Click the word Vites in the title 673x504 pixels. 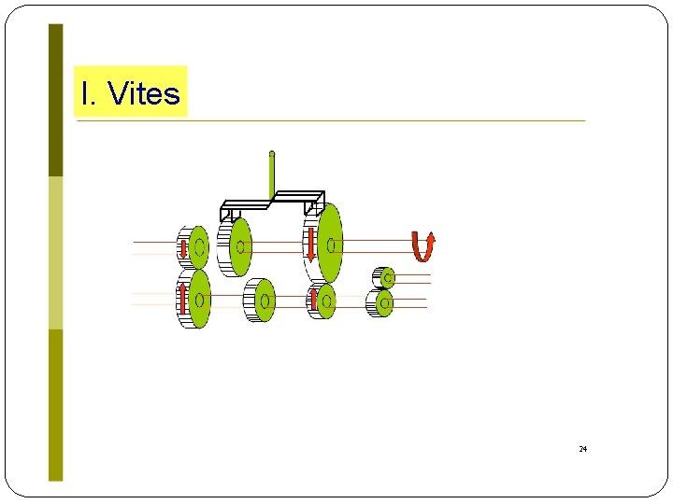click(x=145, y=93)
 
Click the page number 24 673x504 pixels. click(x=582, y=449)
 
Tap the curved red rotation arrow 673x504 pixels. click(x=423, y=246)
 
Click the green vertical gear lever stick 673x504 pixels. click(x=272, y=177)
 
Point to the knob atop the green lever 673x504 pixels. click(x=272, y=153)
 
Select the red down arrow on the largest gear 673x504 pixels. click(x=310, y=245)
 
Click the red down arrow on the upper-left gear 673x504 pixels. click(x=184, y=247)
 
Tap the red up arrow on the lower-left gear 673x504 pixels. click(x=182, y=297)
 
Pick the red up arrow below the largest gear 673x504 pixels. click(x=314, y=300)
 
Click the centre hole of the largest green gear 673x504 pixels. click(x=332, y=245)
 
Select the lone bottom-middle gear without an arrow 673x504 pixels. click(x=264, y=301)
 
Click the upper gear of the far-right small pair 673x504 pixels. click(x=385, y=277)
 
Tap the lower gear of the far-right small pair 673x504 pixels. click(x=382, y=302)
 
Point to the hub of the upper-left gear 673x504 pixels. click(x=199, y=247)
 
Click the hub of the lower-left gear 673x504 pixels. click(x=198, y=300)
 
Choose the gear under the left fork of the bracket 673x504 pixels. click(x=239, y=247)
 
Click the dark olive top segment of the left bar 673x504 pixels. click(x=56, y=100)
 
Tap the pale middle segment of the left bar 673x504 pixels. click(x=56, y=252)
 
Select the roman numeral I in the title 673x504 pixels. click(x=86, y=93)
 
